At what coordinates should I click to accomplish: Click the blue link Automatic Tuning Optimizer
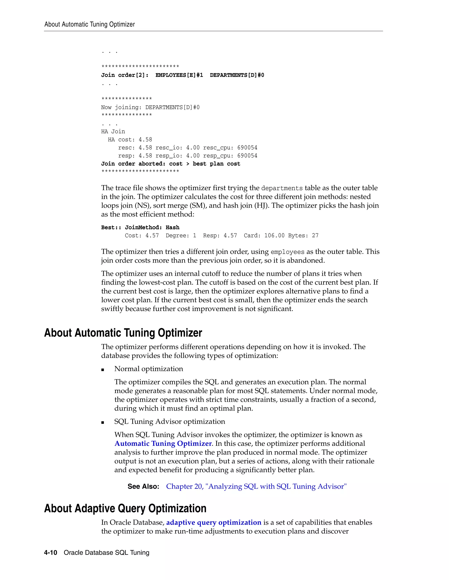(163, 443)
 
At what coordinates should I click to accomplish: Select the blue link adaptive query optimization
(214, 522)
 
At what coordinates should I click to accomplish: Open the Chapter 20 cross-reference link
(256, 486)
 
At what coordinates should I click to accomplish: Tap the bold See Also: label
(143, 487)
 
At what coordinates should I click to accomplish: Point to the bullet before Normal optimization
(103, 369)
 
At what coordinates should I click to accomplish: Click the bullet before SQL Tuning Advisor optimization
(103, 422)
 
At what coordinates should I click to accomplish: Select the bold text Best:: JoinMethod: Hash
(140, 227)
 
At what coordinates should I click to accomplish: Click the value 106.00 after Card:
(274, 236)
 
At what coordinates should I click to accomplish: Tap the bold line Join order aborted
(171, 164)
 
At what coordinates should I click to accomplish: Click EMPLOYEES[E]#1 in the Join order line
(179, 75)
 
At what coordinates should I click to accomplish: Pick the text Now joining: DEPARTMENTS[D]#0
(150, 107)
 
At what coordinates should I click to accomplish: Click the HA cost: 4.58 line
(130, 140)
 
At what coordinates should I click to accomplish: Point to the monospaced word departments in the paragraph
(282, 188)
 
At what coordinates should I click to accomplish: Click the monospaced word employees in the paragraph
(287, 252)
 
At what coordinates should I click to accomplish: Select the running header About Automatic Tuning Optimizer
(90, 25)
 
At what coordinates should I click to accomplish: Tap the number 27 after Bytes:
(315, 236)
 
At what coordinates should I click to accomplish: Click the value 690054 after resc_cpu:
(247, 148)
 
